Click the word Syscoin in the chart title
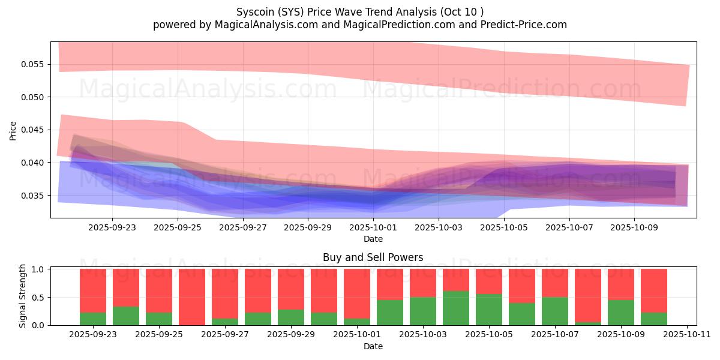point(254,12)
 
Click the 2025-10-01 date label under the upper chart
point(373,228)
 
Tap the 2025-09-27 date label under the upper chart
point(243,228)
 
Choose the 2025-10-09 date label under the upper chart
point(634,228)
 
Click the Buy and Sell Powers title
point(373,257)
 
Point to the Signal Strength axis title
point(23,296)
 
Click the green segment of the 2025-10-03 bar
point(423,311)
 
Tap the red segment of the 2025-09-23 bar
point(93,290)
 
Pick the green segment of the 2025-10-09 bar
point(621,313)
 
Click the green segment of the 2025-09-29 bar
point(291,317)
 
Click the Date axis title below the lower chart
point(373,346)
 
